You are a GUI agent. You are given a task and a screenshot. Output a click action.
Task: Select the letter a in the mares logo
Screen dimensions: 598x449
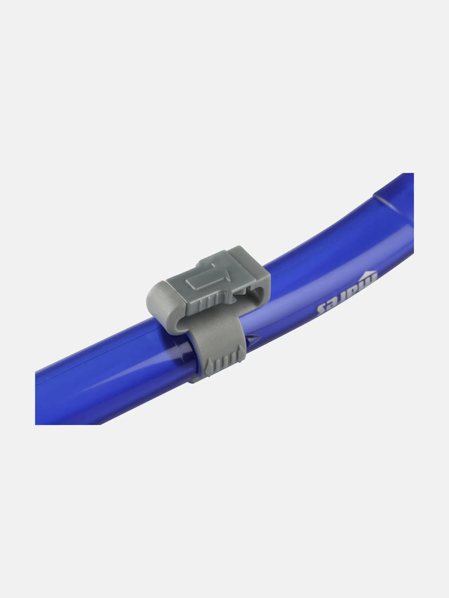[357, 290]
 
